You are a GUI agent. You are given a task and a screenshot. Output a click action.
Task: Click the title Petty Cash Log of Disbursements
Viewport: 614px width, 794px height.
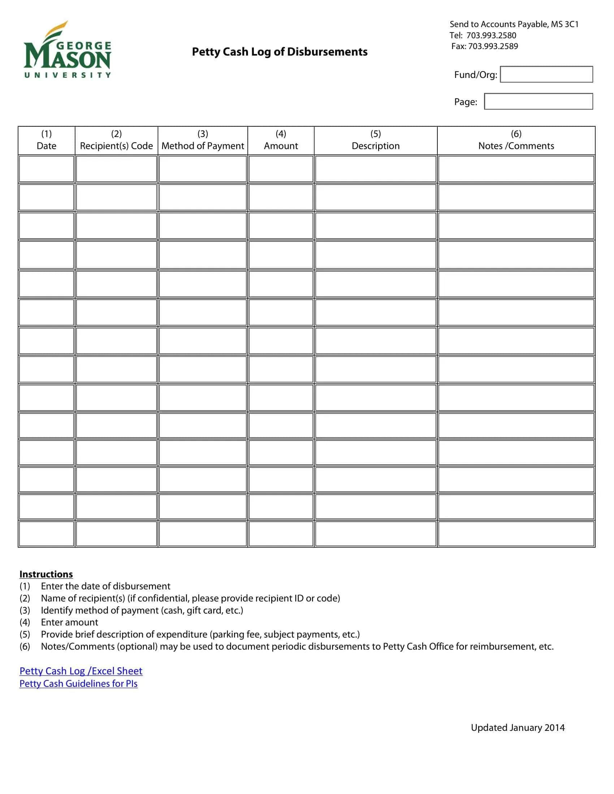(279, 52)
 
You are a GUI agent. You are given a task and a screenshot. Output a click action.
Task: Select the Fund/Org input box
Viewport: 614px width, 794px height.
(546, 74)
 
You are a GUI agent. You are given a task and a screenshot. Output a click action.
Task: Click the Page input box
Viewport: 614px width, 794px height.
(538, 101)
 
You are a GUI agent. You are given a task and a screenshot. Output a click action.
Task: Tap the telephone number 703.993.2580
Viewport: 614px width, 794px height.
(491, 35)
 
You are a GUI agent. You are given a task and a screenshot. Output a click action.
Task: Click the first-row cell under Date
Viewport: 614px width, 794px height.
(47, 169)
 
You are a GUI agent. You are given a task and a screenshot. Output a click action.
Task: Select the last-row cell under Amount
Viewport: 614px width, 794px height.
(281, 534)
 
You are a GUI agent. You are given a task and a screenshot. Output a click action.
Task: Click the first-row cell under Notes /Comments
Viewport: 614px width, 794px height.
(516, 169)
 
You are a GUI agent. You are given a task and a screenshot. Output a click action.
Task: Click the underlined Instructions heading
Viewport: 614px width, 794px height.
(46, 574)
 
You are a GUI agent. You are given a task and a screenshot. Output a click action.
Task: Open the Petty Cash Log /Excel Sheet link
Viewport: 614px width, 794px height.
(81, 671)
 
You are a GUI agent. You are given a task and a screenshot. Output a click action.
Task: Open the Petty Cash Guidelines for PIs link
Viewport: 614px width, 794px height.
(79, 684)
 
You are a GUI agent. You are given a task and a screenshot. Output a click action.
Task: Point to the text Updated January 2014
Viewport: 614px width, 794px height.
(518, 728)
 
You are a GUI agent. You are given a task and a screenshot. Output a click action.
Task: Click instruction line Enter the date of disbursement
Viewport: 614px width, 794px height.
(105, 586)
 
